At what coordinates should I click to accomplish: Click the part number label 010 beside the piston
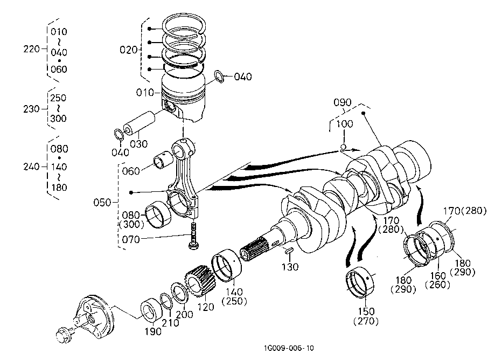[x=145, y=93]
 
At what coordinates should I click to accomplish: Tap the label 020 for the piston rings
[x=129, y=50]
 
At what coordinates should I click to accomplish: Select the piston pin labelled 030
[x=139, y=122]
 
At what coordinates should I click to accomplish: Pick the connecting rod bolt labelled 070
[x=193, y=236]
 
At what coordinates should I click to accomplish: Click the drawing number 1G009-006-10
[x=289, y=348]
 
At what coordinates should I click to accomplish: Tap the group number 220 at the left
[x=32, y=49]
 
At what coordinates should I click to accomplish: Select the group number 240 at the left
[x=32, y=167]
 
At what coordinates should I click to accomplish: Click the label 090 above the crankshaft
[x=343, y=102]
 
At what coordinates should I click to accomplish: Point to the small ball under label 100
[x=344, y=147]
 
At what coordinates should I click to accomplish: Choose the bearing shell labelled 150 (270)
[x=360, y=282]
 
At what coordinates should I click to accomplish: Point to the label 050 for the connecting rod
[x=102, y=202]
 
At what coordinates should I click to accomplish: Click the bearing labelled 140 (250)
[x=227, y=265]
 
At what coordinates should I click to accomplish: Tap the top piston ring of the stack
[x=184, y=24]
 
